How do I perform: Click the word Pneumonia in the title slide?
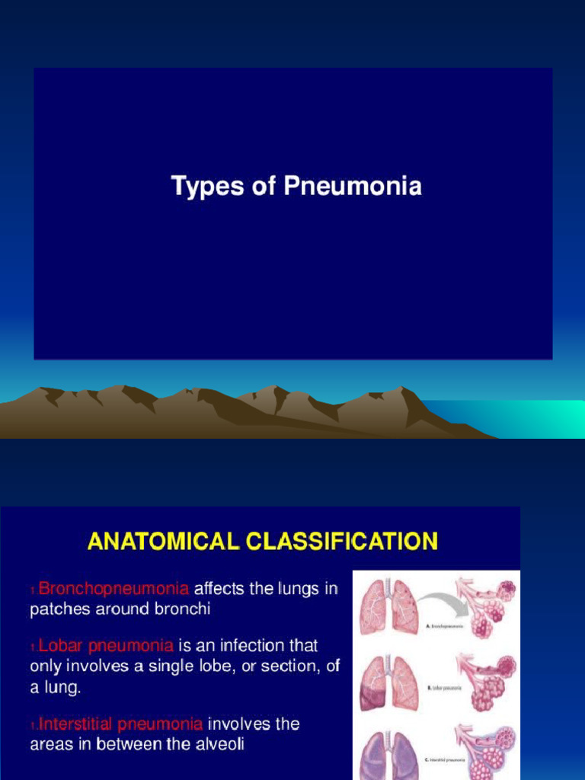[x=353, y=187]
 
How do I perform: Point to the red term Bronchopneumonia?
[x=113, y=588]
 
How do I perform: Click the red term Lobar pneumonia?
[x=106, y=646]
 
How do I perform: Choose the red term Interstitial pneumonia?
[x=120, y=724]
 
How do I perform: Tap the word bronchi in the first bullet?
[x=184, y=609]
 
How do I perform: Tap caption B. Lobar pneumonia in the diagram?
[x=446, y=687]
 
